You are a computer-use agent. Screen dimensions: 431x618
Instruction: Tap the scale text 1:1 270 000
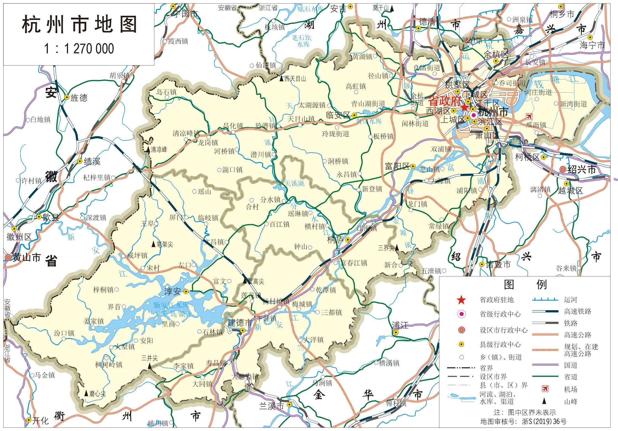(x=79, y=49)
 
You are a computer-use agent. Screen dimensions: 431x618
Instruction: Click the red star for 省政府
(x=464, y=107)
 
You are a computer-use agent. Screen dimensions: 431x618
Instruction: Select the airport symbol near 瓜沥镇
(x=529, y=116)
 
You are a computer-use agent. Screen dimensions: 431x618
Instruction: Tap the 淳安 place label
(x=173, y=291)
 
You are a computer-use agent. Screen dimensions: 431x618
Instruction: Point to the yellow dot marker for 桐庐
(x=348, y=240)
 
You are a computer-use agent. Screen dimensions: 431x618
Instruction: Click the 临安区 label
(x=338, y=115)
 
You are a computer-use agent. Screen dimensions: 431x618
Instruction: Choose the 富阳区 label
(x=397, y=166)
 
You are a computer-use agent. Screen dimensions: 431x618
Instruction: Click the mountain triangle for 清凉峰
(x=148, y=150)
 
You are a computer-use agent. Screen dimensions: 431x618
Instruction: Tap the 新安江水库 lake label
(x=171, y=305)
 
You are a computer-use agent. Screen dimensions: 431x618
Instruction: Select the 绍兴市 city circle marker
(x=563, y=169)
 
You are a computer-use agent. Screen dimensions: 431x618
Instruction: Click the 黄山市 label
(x=27, y=257)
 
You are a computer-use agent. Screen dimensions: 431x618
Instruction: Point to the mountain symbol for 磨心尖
(x=86, y=393)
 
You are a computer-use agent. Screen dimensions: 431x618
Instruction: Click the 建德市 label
(x=239, y=323)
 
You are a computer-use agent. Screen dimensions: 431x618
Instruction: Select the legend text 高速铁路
(x=577, y=312)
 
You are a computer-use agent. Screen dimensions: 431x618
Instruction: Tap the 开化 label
(x=40, y=420)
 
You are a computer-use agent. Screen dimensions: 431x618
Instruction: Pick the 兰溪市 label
(x=271, y=406)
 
